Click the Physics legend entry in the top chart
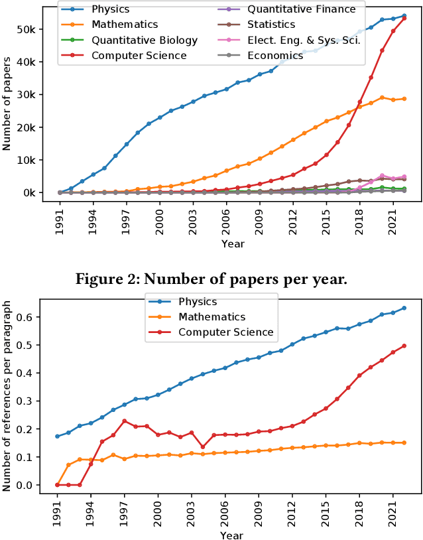pyautogui.click(x=110, y=10)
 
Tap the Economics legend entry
pyautogui.click(x=275, y=56)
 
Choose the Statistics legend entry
pyautogui.click(x=271, y=25)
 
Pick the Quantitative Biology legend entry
pyautogui.click(x=145, y=40)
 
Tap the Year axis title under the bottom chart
pyautogui.click(x=232, y=535)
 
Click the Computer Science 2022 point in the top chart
pyautogui.click(x=404, y=18)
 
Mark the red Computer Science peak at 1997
pyautogui.click(x=125, y=421)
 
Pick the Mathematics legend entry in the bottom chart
pyautogui.click(x=213, y=317)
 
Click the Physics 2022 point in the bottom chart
pyautogui.click(x=404, y=308)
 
